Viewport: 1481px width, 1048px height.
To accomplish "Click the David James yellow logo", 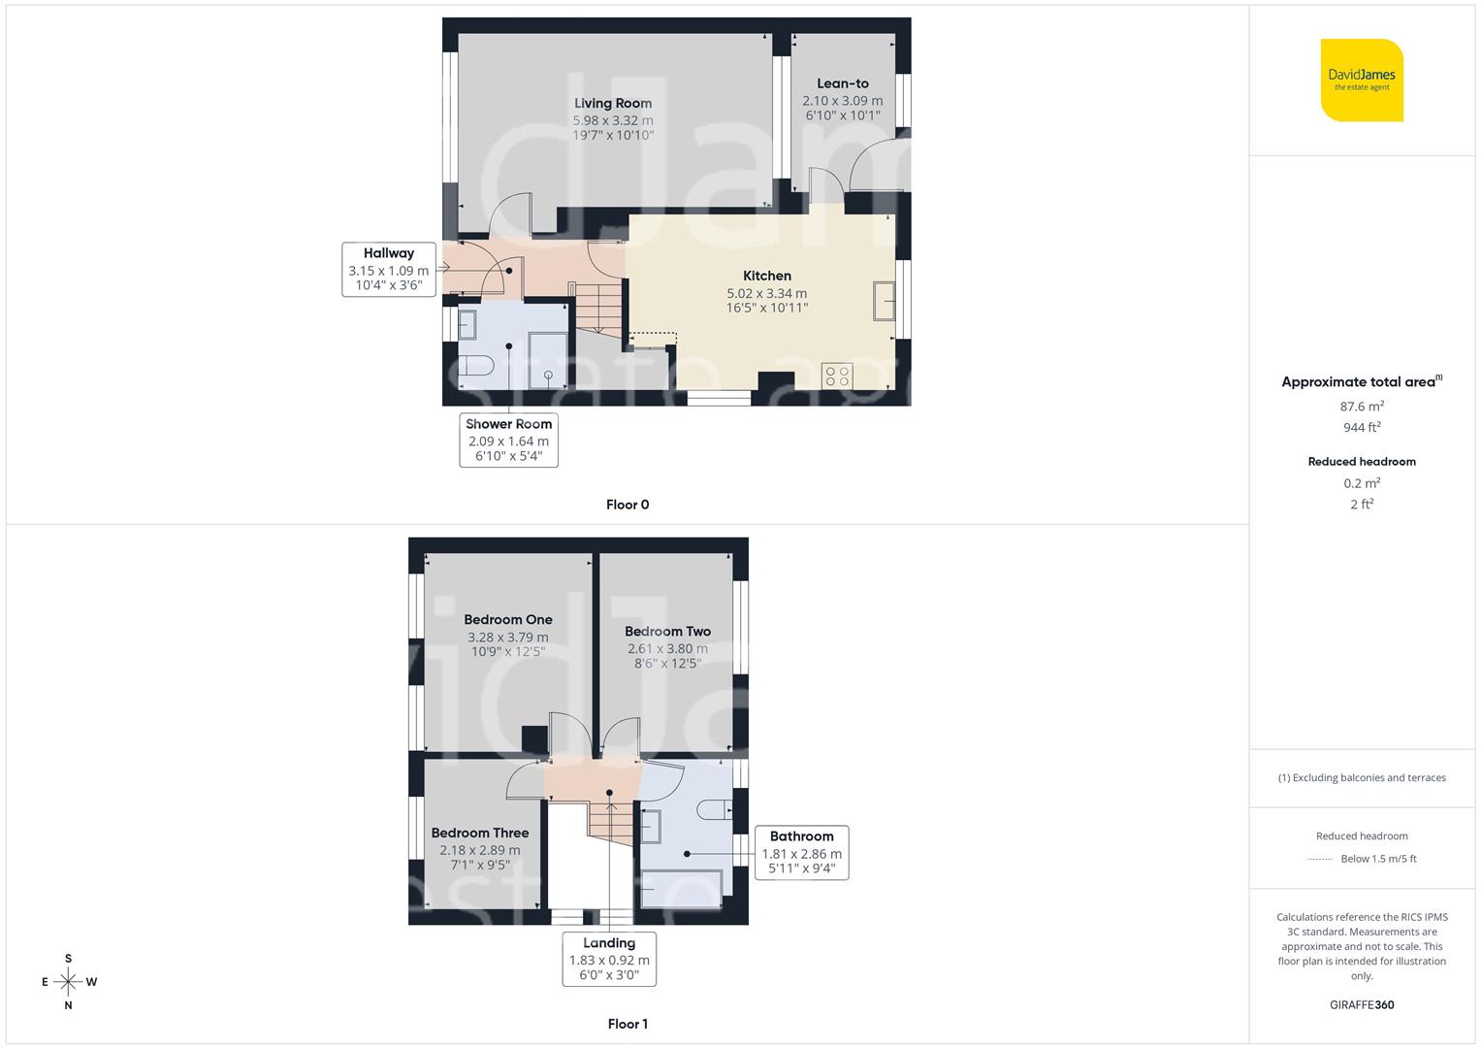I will click(x=1362, y=80).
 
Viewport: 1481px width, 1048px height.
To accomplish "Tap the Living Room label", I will click(x=613, y=103).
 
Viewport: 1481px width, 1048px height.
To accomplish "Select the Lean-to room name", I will click(x=842, y=83).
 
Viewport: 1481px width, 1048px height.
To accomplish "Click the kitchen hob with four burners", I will click(x=837, y=376).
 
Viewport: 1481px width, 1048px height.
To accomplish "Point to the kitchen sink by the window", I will click(x=884, y=300).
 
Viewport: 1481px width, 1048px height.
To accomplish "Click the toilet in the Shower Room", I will click(x=475, y=366).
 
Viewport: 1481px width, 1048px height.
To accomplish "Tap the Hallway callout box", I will click(x=388, y=269).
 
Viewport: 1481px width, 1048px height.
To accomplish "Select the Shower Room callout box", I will click(x=508, y=440).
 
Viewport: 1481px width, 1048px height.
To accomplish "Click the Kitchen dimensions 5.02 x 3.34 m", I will click(x=766, y=293).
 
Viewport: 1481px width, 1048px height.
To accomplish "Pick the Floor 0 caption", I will click(x=627, y=505).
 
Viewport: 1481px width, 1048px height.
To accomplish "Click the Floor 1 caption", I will click(x=627, y=1024).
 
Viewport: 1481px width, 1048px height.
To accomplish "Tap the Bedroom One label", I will click(x=507, y=619).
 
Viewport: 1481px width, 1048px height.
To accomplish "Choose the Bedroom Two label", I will click(x=667, y=631).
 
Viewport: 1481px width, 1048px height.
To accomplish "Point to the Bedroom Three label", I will click(x=479, y=833).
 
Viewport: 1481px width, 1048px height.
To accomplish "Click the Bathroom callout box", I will click(x=801, y=852).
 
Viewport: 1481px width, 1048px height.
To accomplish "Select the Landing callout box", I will click(x=609, y=959).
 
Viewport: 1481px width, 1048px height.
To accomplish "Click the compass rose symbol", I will click(x=68, y=982).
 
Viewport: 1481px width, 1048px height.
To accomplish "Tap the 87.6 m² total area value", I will click(x=1361, y=407).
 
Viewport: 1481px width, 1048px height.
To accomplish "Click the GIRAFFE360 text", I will click(x=1361, y=1004).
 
